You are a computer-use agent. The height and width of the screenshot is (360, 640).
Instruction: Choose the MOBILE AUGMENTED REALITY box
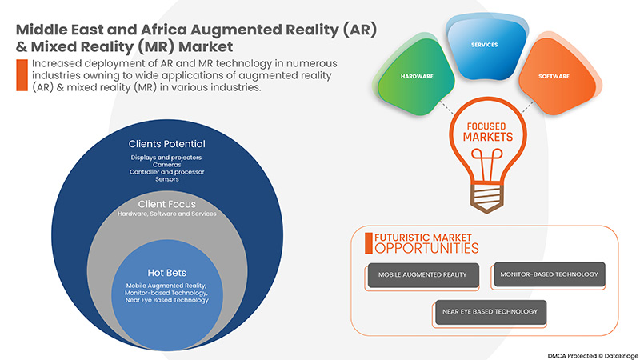pos(423,275)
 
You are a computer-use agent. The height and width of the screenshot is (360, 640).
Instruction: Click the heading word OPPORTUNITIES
pos(422,249)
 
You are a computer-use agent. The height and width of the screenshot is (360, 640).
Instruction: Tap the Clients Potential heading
pos(166,144)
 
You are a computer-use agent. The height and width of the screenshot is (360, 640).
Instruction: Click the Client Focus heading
pos(166,204)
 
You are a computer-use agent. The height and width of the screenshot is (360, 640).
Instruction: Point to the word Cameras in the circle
pos(166,164)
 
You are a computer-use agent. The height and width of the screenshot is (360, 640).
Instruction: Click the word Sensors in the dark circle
pos(166,178)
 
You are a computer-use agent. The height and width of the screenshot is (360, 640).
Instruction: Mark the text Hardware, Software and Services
pos(166,214)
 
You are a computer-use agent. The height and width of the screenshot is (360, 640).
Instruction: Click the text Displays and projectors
pos(166,157)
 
